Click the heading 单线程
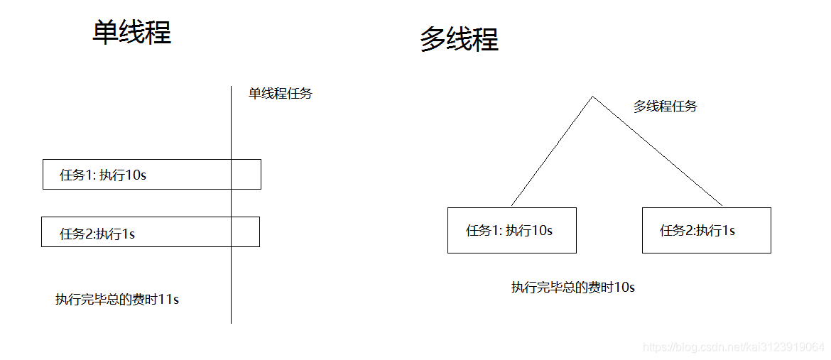131,33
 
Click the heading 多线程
459,39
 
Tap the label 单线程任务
280,93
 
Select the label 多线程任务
665,107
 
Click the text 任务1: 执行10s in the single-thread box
103,175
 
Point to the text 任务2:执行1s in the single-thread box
97,233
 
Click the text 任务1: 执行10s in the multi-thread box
509,230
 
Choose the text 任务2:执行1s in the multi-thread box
697,230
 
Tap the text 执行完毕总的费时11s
117,299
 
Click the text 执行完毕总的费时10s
572,287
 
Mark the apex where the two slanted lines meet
593,97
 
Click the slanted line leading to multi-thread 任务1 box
552,151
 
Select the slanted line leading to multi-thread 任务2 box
658,151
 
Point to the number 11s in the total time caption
168,299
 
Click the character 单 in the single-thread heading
105,33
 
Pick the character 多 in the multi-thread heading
433,39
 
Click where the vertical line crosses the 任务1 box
232,174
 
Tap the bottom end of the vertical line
232,322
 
